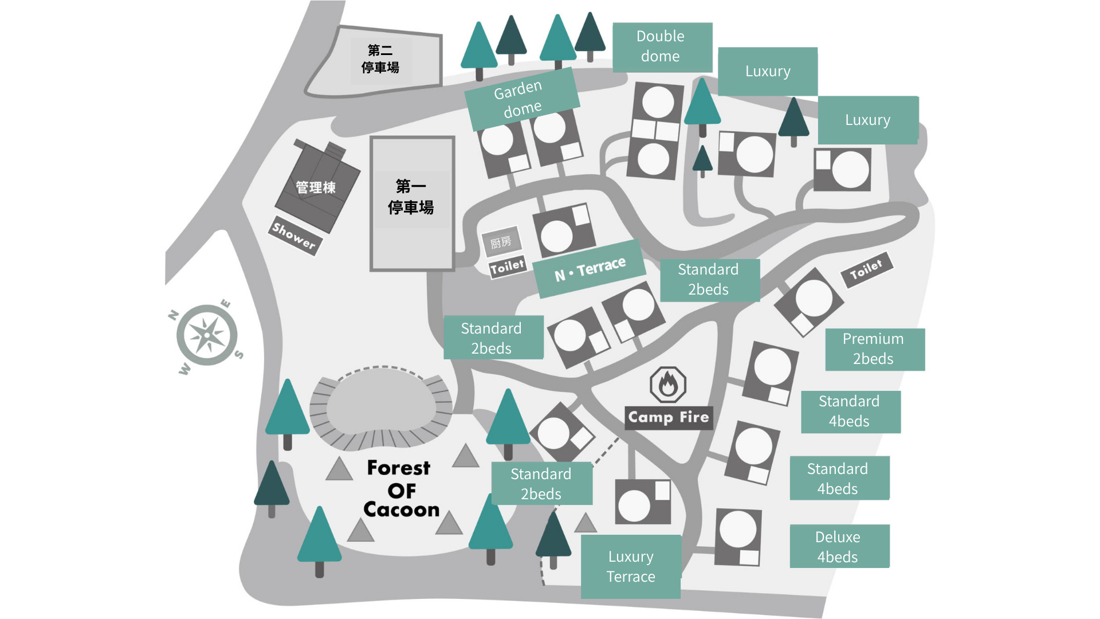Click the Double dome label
pyautogui.click(x=662, y=47)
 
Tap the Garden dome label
pyautogui.click(x=522, y=99)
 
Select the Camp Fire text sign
pyautogui.click(x=669, y=417)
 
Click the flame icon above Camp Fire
pyautogui.click(x=668, y=384)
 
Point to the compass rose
pyautogui.click(x=207, y=335)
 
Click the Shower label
pyautogui.click(x=294, y=236)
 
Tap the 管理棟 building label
pyautogui.click(x=316, y=187)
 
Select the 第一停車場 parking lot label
pyautogui.click(x=411, y=197)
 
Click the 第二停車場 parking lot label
pyautogui.click(x=380, y=59)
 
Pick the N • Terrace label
pyautogui.click(x=590, y=269)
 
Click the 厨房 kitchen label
pyautogui.click(x=501, y=242)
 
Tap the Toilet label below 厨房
pyautogui.click(x=508, y=267)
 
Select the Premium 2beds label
pyautogui.click(x=875, y=349)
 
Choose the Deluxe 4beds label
pyautogui.click(x=839, y=546)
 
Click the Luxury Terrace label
pyautogui.click(x=631, y=566)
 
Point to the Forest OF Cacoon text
pyautogui.click(x=401, y=489)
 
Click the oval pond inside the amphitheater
pyautogui.click(x=381, y=401)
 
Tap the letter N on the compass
pyautogui.click(x=174, y=315)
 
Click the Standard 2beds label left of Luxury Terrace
pyautogui.click(x=541, y=483)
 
